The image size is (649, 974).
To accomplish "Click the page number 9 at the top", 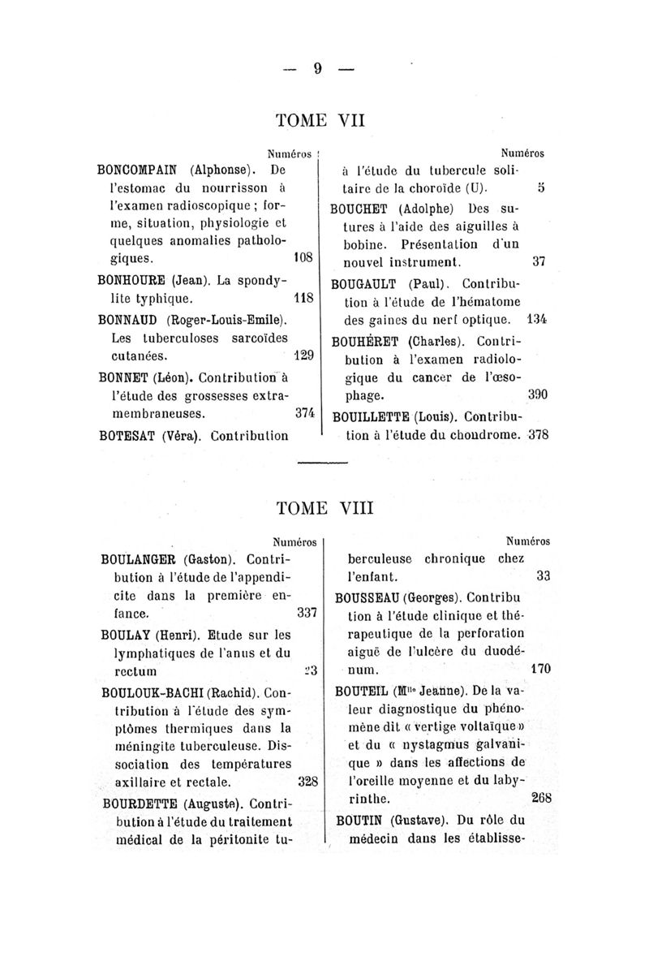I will tap(318, 69).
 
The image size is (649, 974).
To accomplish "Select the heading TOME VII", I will tap(321, 121).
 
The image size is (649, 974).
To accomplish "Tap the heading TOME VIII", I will tap(321, 509).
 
